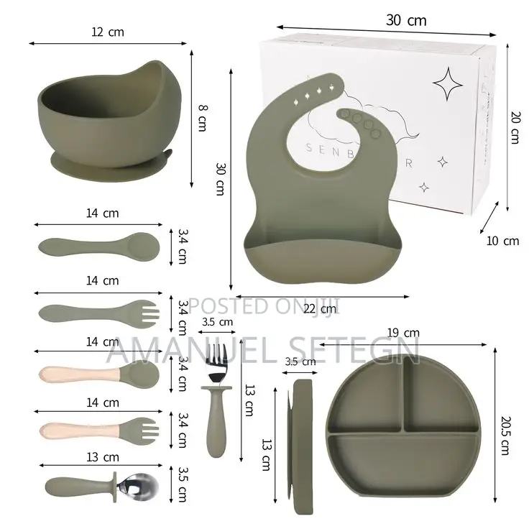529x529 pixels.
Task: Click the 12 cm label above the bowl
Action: click(x=108, y=32)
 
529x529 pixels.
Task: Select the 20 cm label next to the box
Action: click(x=513, y=128)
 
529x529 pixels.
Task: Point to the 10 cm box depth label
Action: click(x=502, y=241)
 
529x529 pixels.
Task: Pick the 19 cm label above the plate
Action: click(x=402, y=332)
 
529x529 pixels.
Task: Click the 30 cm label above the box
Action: click(x=405, y=20)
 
